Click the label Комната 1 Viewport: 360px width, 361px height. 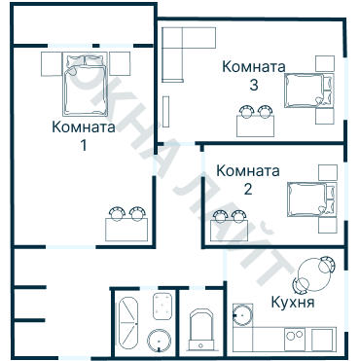(x=83, y=136)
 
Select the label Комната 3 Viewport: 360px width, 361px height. (x=253, y=76)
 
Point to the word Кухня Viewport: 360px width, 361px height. (x=293, y=303)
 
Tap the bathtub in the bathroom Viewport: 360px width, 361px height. (x=129, y=319)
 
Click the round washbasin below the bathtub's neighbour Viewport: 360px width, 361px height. (x=160, y=341)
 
